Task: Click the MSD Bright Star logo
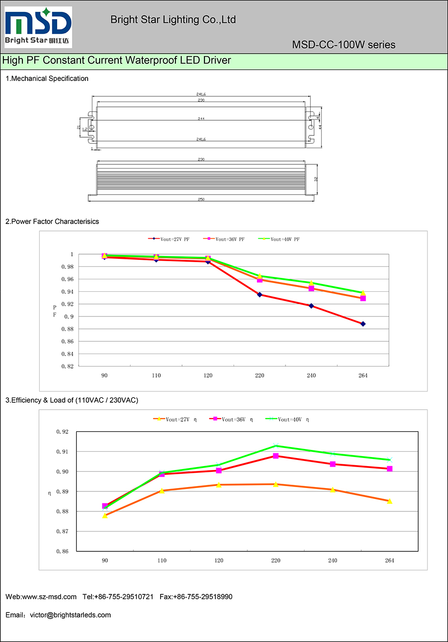point(38,27)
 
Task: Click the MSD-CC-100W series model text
point(343,45)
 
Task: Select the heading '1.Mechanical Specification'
point(47,79)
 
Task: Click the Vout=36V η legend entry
point(232,419)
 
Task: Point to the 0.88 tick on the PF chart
point(68,329)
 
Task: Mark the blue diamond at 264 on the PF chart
point(363,324)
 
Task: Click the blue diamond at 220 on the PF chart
point(259,295)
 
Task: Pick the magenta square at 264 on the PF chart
point(363,298)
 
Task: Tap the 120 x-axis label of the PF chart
point(208,376)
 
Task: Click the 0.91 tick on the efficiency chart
point(62,451)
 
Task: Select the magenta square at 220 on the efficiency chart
point(275,456)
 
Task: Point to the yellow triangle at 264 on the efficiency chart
point(389,501)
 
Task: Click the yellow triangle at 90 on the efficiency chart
point(105,515)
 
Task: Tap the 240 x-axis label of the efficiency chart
point(333,560)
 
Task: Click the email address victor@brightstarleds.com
point(70,615)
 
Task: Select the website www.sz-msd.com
point(50,597)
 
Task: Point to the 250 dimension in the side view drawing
point(201,199)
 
